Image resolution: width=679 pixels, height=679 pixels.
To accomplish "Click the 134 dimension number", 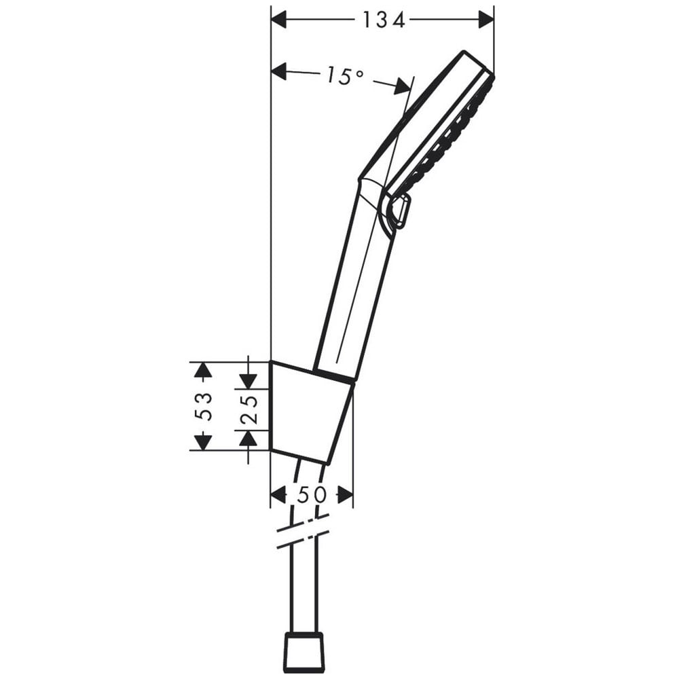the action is point(384,20).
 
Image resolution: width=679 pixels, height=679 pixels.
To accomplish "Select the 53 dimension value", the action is point(203,407).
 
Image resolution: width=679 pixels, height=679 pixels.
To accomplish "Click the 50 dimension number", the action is point(312,494).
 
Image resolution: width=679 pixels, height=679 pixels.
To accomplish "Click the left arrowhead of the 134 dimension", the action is point(279,20).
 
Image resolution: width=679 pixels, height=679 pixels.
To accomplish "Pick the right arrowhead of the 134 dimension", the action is point(486,20).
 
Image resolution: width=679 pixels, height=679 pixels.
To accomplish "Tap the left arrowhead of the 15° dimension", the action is point(279,71).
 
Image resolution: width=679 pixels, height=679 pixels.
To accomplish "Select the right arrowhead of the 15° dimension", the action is point(402,86).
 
